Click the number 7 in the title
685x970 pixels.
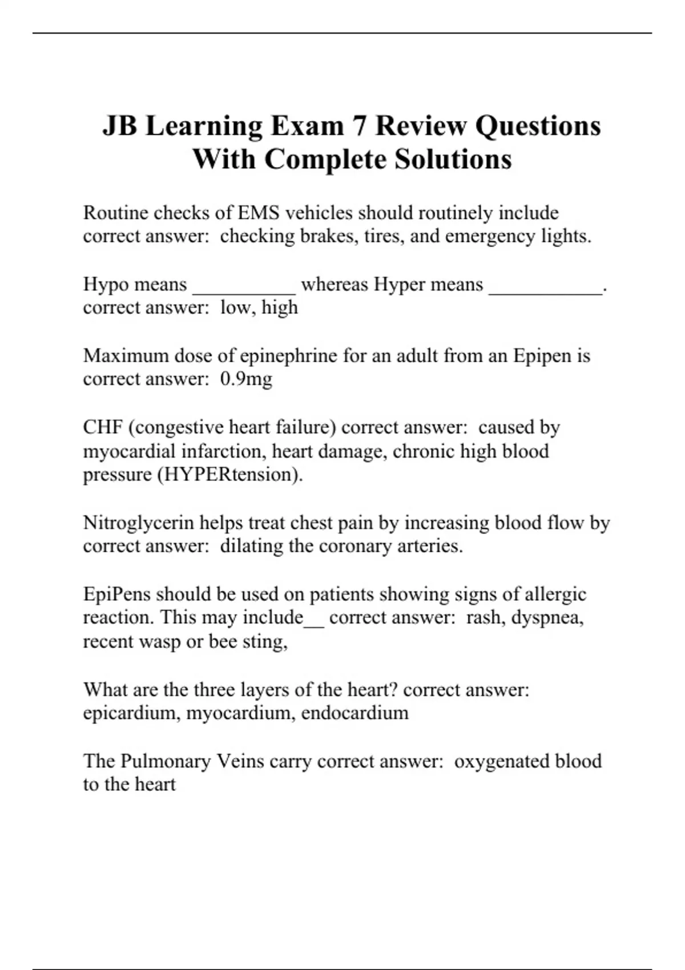pyautogui.click(x=358, y=126)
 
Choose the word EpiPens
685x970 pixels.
pyautogui.click(x=116, y=594)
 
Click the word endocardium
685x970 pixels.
pyautogui.click(x=354, y=713)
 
